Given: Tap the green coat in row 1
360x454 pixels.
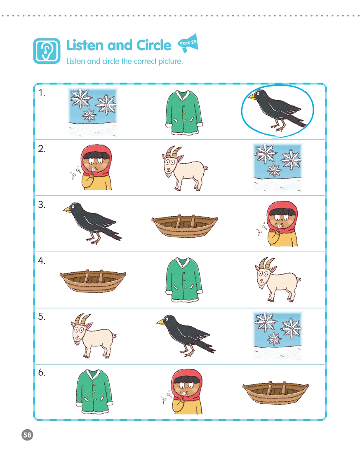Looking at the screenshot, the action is pyautogui.click(x=184, y=112).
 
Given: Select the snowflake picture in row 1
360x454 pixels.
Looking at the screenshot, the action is pyautogui.click(x=93, y=112).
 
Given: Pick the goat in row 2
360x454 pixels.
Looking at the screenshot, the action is pyautogui.click(x=184, y=168).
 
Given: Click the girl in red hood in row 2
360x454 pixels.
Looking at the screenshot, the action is pyautogui.click(x=93, y=167).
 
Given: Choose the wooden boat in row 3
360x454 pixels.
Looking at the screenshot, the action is pyautogui.click(x=185, y=226).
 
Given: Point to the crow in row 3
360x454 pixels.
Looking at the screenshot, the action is pyautogui.click(x=92, y=223).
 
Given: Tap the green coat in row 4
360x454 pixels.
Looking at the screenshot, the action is pyautogui.click(x=184, y=280).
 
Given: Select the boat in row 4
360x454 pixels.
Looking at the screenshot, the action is pyautogui.click(x=93, y=281).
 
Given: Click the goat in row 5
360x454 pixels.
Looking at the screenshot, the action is pyautogui.click(x=93, y=336).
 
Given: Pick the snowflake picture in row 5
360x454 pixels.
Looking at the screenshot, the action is pyautogui.click(x=278, y=336).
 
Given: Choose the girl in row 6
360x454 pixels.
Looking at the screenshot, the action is pyautogui.click(x=183, y=391).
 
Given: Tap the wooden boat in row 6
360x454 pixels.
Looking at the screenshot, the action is pyautogui.click(x=275, y=393).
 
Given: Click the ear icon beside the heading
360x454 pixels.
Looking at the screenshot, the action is pyautogui.click(x=47, y=51).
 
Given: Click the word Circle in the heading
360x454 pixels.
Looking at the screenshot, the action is pyautogui.click(x=154, y=45).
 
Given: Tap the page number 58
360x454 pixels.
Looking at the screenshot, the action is pyautogui.click(x=27, y=435).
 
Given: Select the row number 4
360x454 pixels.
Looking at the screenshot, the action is pyautogui.click(x=42, y=261).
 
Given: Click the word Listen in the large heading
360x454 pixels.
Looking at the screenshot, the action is pyautogui.click(x=85, y=45).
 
